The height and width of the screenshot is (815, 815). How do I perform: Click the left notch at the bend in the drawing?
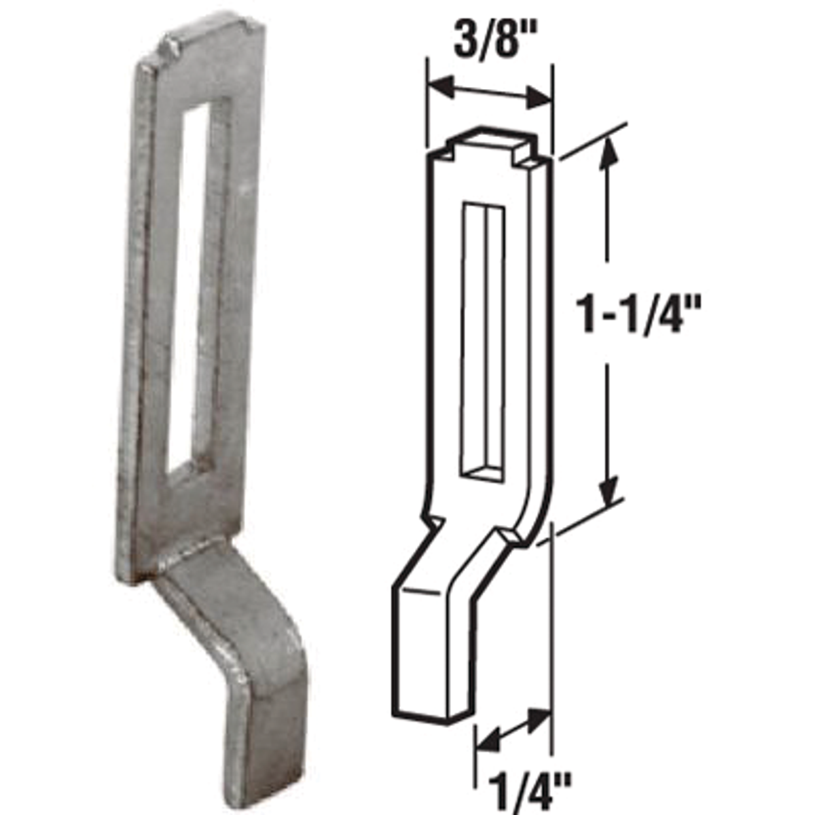coord(432,524)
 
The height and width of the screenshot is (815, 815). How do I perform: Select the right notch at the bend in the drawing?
coord(509,537)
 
